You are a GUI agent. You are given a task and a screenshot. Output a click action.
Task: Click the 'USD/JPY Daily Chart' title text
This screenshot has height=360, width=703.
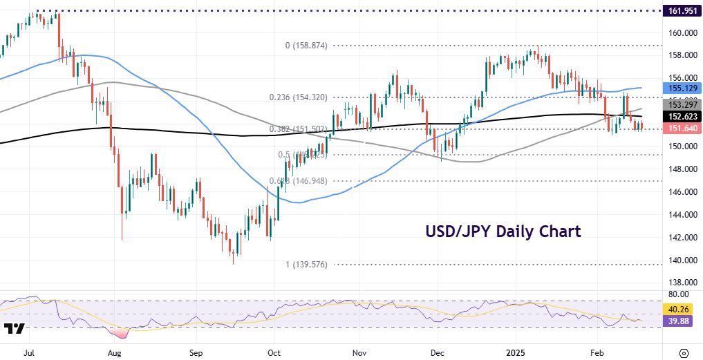(503, 231)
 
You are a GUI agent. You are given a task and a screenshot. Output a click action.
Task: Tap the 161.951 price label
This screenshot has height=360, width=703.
(681, 11)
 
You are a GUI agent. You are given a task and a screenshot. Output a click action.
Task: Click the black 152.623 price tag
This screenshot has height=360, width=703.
(681, 117)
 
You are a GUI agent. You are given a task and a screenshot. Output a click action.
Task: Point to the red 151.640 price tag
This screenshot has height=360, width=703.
(681, 129)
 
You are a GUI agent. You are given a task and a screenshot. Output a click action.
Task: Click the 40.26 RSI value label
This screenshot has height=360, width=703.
(681, 310)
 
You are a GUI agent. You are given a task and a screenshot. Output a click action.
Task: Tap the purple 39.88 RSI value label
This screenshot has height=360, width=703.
(681, 321)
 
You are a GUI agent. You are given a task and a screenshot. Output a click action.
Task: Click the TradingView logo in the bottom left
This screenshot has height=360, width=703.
(15, 328)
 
